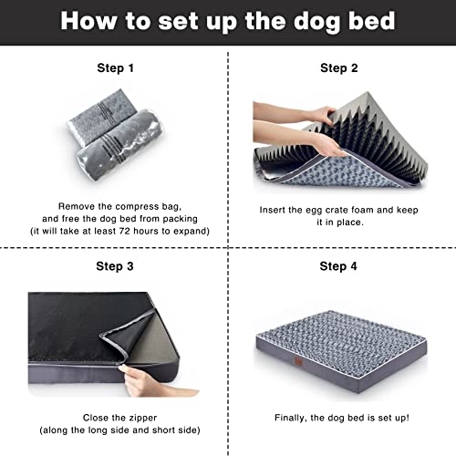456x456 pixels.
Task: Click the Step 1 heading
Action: [115, 67]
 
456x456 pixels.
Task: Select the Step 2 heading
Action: [338, 67]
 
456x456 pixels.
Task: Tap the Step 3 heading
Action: [115, 266]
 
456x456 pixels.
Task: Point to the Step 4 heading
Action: [338, 266]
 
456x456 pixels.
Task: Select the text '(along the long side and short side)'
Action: [115, 430]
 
